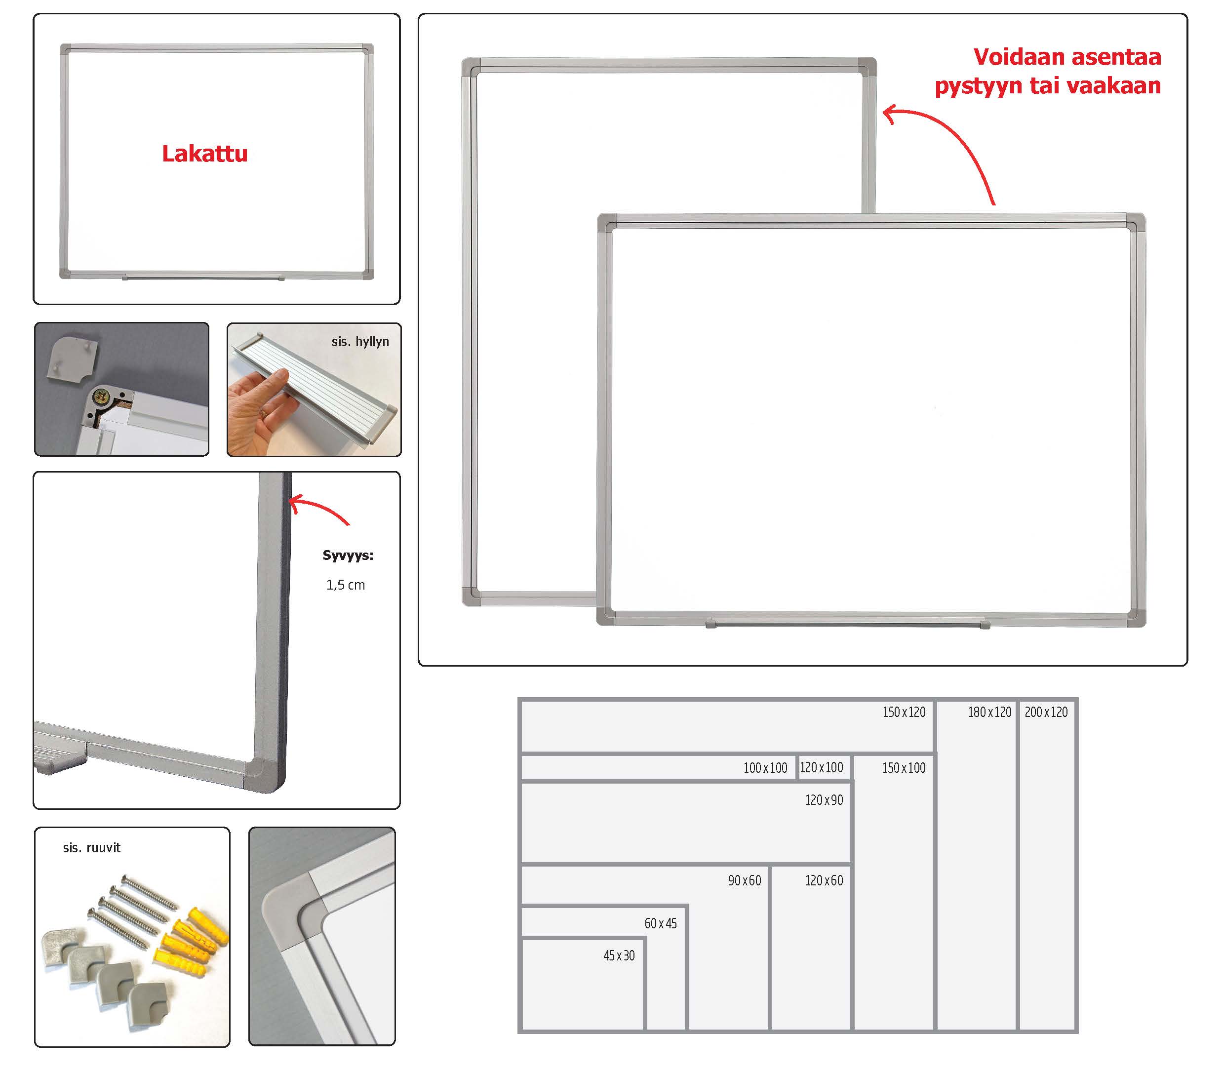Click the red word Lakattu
[x=204, y=154]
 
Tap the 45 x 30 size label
[x=619, y=955]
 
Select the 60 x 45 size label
[x=661, y=923]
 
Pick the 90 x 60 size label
[x=745, y=880]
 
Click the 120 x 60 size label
[x=824, y=880]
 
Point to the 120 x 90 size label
[x=824, y=799]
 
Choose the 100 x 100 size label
[x=765, y=767]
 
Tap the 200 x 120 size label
[x=1046, y=712]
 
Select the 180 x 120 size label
[x=989, y=712]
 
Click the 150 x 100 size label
[x=904, y=767]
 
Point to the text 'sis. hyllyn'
[x=360, y=341]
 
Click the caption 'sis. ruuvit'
[x=91, y=847]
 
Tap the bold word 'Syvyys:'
[x=348, y=556]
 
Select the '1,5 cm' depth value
[x=345, y=585]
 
